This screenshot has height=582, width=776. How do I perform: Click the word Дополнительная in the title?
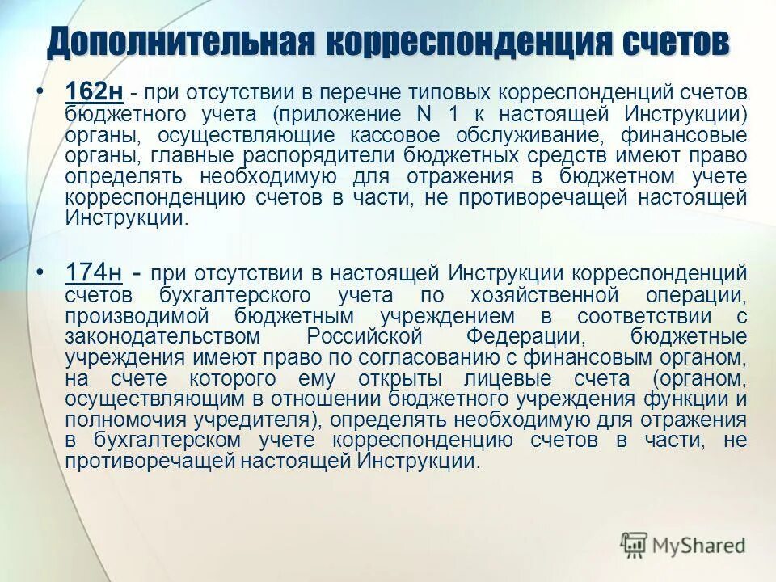tap(180, 43)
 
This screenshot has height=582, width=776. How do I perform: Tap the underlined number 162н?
tap(94, 93)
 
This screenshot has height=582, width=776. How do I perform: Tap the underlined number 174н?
tap(94, 274)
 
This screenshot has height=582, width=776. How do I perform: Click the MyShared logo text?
tap(699, 546)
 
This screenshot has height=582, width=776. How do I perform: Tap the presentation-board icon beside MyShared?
tap(635, 546)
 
